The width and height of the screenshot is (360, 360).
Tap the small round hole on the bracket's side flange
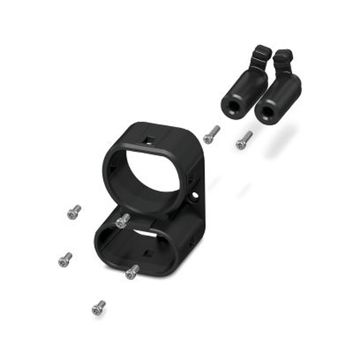click(195, 195)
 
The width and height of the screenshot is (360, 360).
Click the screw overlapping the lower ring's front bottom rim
click(132, 272)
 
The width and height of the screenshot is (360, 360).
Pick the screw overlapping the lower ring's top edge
click(123, 220)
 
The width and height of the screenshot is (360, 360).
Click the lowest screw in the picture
click(98, 308)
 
